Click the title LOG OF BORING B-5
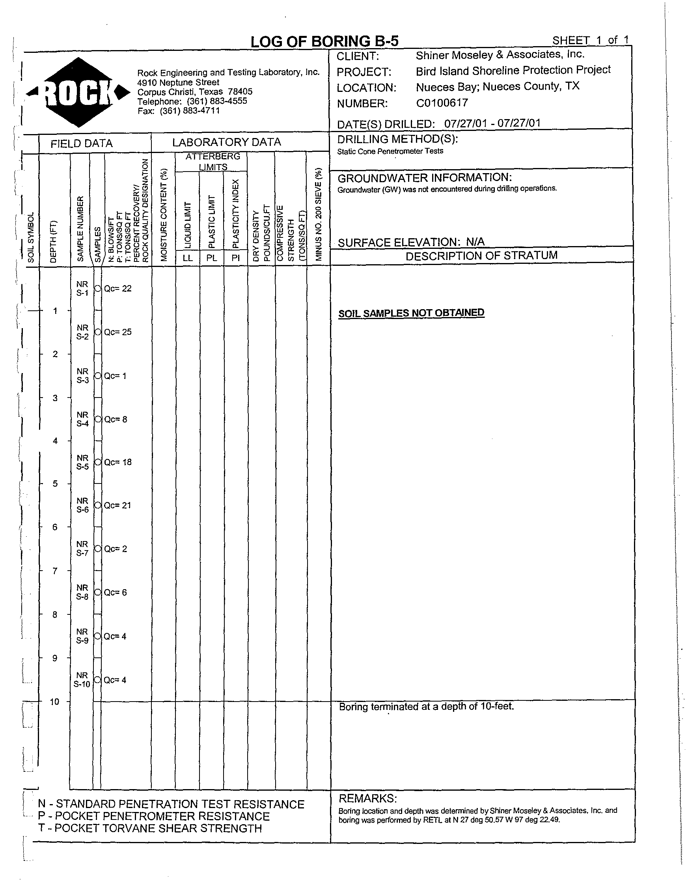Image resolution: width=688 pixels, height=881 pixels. point(324,41)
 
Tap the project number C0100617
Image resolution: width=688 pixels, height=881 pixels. point(442,103)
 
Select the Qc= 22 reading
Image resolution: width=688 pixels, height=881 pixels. point(118,288)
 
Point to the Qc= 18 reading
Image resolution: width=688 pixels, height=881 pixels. point(118,462)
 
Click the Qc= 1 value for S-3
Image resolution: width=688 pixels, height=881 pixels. point(116,376)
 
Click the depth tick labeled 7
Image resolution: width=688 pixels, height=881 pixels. point(55,570)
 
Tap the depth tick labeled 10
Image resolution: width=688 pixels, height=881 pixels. point(54,702)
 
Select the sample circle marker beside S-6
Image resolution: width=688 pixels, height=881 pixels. point(98,505)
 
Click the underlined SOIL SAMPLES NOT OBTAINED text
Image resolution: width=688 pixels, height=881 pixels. point(411,313)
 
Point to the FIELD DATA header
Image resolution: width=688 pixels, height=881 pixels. point(82,144)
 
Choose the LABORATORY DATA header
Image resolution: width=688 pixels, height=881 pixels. point(226,142)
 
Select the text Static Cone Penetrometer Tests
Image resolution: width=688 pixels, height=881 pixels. point(390,151)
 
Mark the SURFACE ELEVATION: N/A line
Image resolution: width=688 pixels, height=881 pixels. point(411,242)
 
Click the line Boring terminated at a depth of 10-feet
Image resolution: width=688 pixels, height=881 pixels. point(426,707)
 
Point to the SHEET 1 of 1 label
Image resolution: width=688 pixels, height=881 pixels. point(590,40)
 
